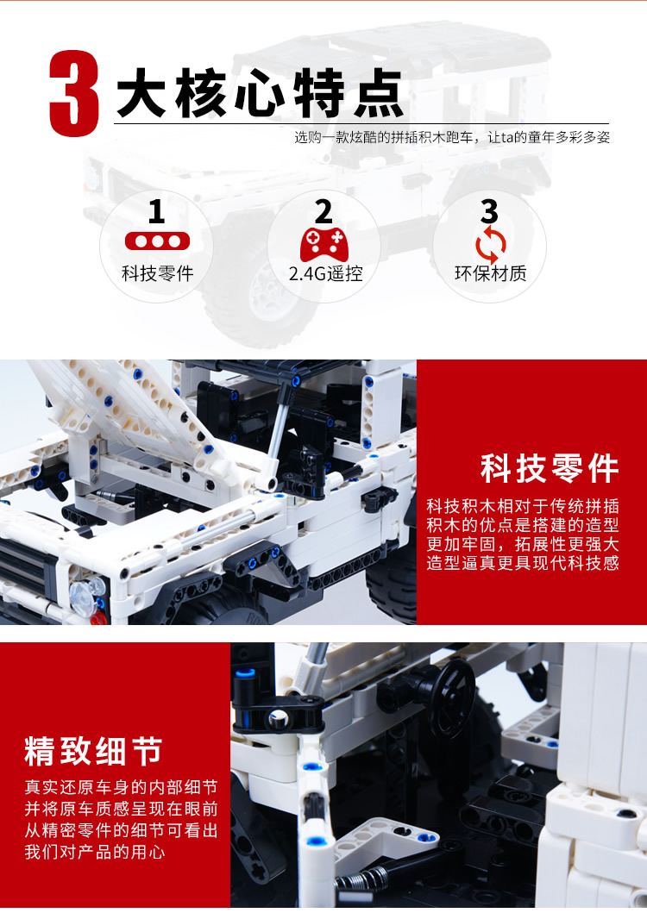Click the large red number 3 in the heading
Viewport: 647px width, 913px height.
pos(74,94)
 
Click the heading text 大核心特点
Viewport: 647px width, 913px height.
pos(260,93)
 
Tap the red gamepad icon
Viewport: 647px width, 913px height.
pos(324,245)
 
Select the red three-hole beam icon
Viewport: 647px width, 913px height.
pos(157,241)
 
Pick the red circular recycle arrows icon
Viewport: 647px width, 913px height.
pos(490,245)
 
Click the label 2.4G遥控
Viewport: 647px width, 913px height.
pos(326,273)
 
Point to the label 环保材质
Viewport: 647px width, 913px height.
pos(490,273)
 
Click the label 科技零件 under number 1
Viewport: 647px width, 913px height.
pos(157,273)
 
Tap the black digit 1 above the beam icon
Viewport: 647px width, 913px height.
pos(156,211)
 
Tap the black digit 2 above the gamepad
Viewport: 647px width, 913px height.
pos(323,211)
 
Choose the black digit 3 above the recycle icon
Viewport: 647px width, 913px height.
pos(490,211)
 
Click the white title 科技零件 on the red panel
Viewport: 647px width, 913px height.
pos(549,469)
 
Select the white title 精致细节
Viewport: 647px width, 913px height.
pos(92,751)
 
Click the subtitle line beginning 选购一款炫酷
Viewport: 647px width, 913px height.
pos(452,137)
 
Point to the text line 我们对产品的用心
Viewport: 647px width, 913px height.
pos(94,852)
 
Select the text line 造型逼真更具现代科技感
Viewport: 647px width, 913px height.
pos(522,563)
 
